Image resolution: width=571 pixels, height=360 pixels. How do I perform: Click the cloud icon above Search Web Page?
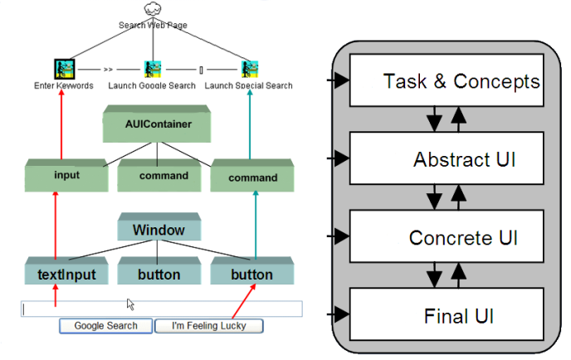tap(151, 9)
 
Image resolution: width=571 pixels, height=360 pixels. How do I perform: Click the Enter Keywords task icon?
tap(65, 69)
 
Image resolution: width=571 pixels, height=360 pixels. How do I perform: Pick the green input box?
tap(66, 176)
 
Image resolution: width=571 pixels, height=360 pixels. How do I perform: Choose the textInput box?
tap(66, 275)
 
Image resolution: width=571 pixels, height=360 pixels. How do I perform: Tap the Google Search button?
tap(105, 326)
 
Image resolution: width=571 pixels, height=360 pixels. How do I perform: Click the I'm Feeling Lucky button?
tap(208, 326)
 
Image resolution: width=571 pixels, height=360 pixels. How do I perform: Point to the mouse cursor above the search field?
tap(129, 304)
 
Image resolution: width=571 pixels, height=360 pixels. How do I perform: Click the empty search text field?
tap(162, 309)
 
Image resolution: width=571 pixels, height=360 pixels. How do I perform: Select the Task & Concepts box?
tap(447, 81)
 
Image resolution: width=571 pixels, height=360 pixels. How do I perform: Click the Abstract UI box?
tap(447, 159)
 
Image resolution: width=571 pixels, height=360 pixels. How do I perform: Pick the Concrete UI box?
tap(447, 237)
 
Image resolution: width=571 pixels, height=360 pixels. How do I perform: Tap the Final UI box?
tap(447, 314)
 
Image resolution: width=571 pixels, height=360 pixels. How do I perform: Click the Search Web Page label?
tap(153, 26)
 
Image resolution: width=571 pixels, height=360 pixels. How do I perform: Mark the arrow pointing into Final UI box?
tap(338, 314)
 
